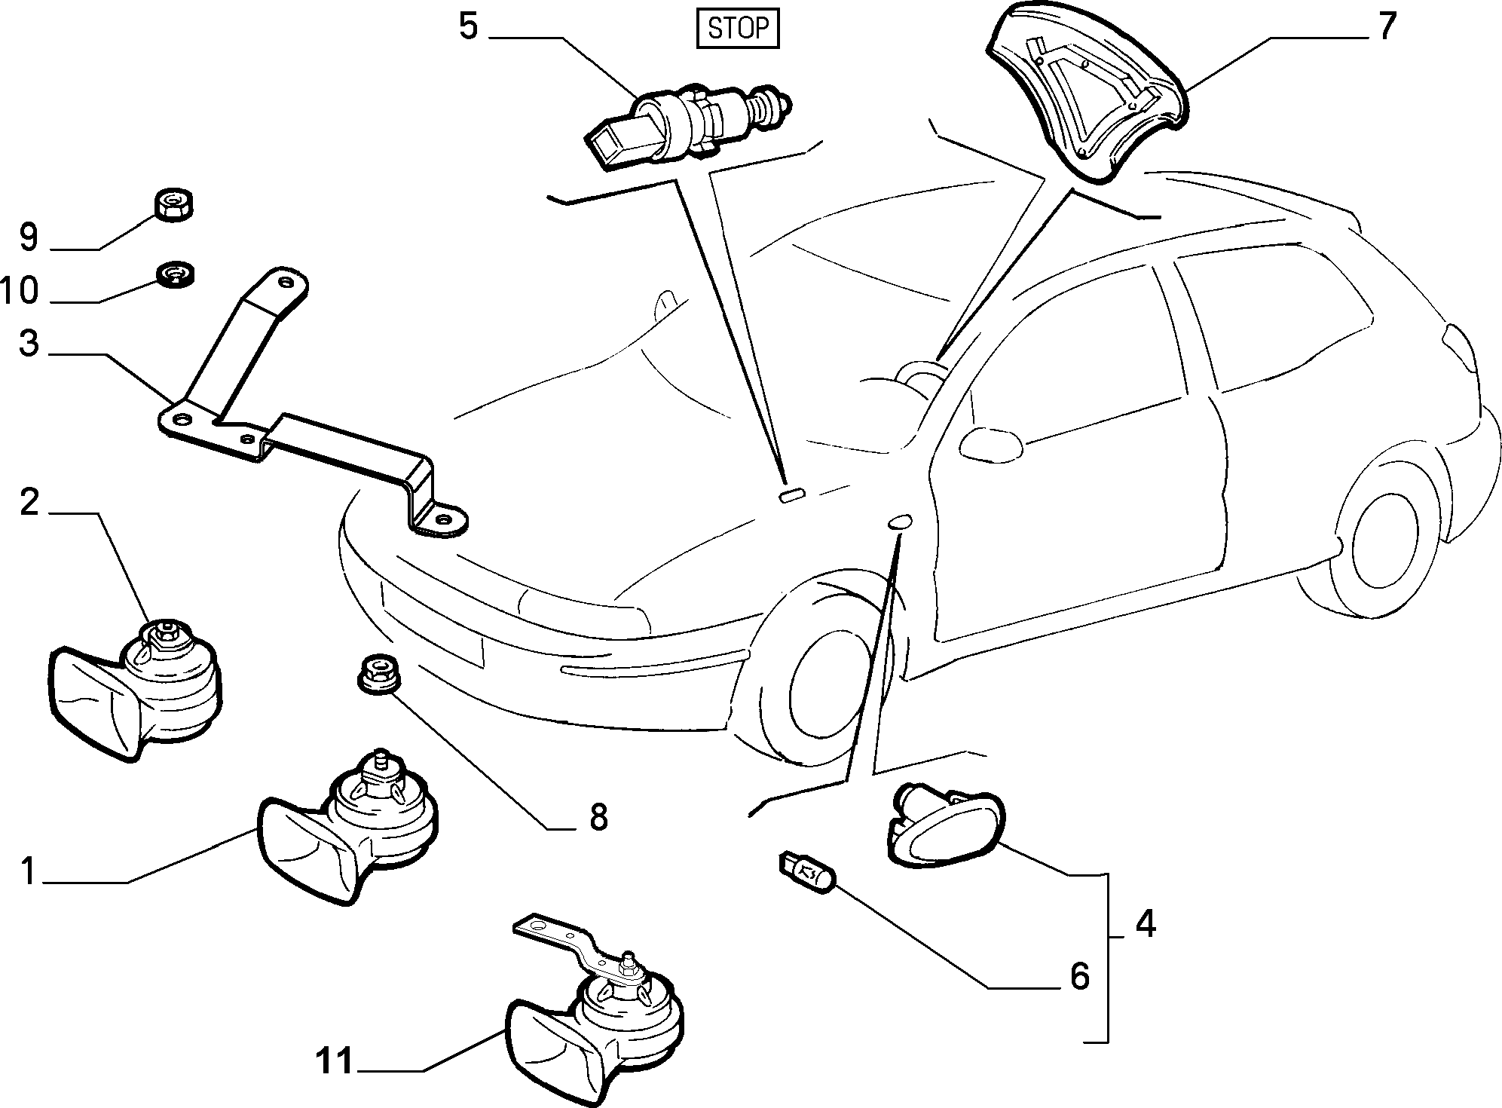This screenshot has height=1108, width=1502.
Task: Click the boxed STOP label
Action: point(737,29)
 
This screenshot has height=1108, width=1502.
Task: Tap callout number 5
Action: point(468,27)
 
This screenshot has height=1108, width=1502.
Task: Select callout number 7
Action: point(1387,27)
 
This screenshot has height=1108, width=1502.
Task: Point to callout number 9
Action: point(29,237)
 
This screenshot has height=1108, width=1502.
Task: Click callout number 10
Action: point(20,290)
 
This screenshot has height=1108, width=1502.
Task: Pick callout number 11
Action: point(335,1062)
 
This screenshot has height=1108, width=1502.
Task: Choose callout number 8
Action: point(598,816)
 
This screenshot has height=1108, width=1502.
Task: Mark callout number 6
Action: point(1080,976)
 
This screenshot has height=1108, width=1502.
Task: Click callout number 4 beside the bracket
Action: point(1145,924)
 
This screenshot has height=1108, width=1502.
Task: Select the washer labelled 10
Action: point(176,273)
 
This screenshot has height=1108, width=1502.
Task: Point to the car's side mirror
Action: point(991,443)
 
